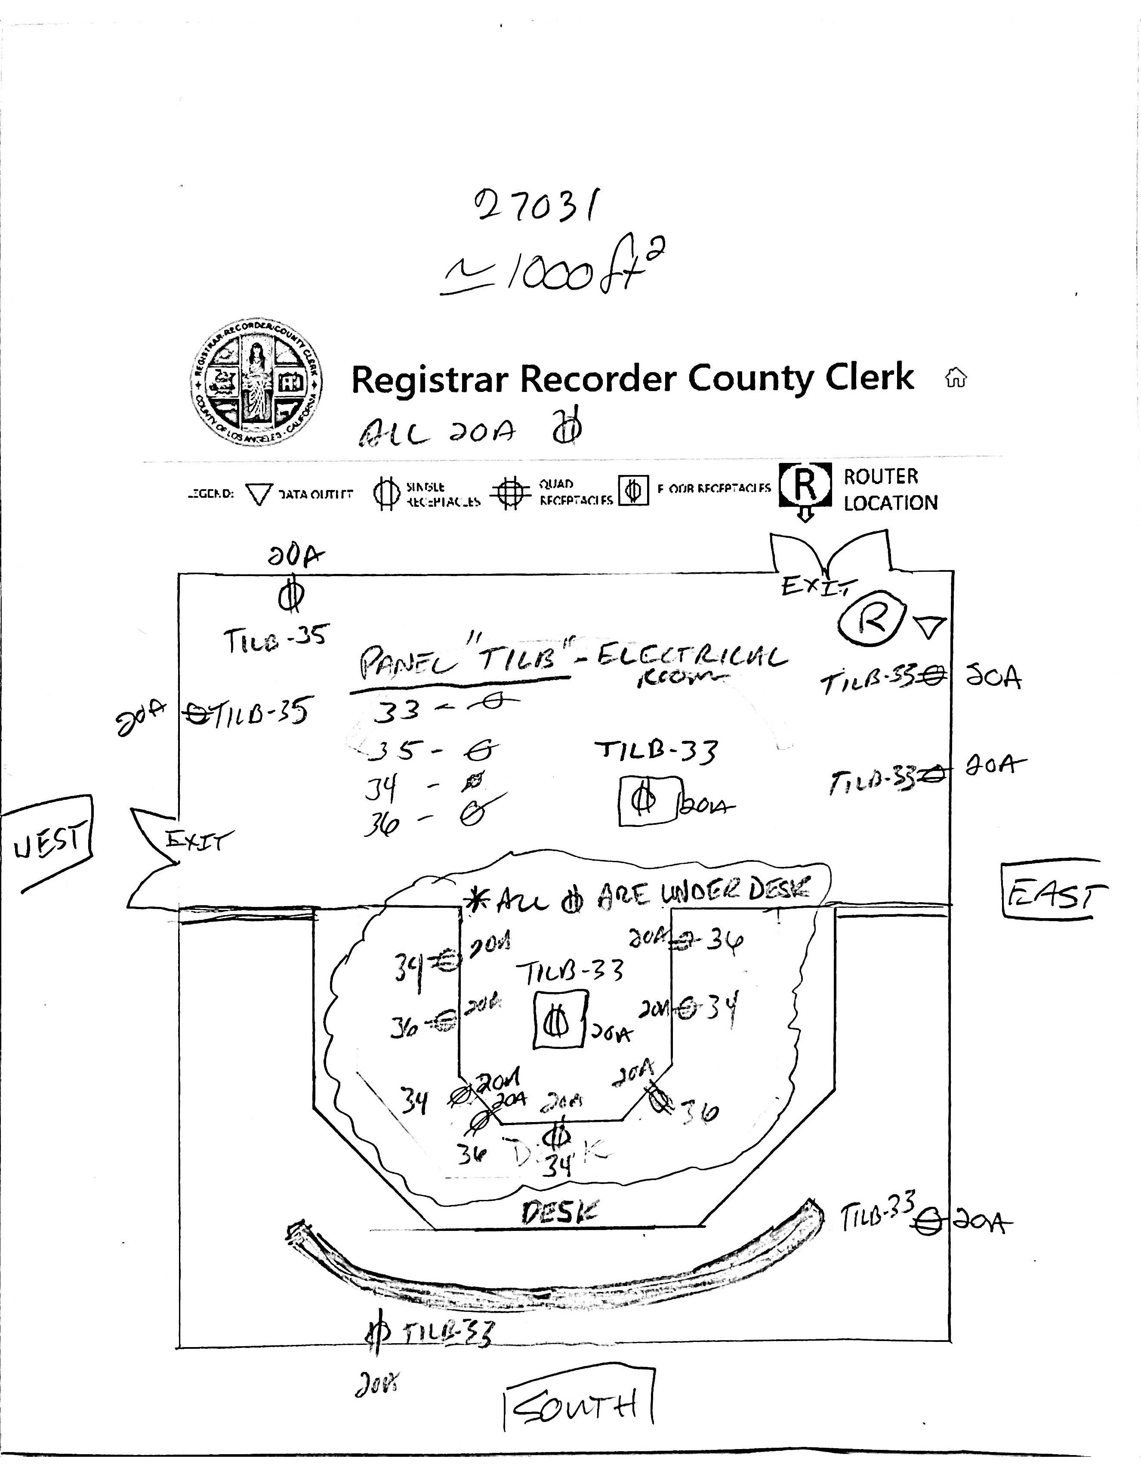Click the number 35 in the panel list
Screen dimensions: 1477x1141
click(x=394, y=750)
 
